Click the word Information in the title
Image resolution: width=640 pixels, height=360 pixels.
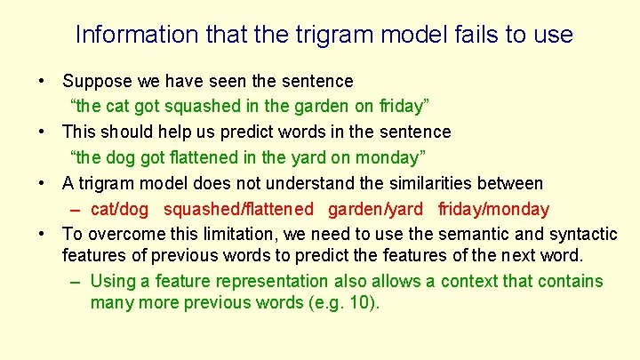click(x=124, y=35)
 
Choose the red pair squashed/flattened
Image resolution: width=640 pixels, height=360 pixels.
click(x=238, y=210)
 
